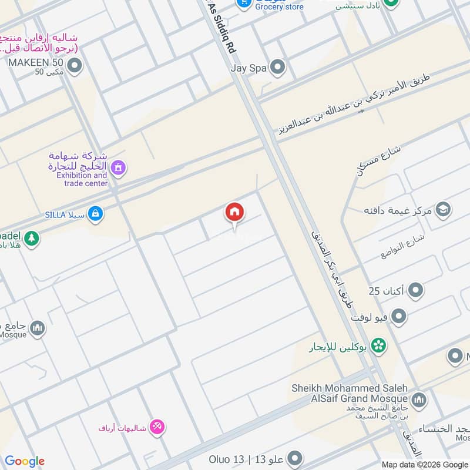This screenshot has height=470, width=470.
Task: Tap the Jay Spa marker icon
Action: pos(277,68)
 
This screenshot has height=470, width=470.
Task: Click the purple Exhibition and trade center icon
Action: pos(119,169)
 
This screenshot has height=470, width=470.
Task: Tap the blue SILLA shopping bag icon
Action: pos(95,214)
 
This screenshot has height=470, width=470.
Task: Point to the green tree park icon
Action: pos(32,238)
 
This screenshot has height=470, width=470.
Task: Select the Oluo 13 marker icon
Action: pos(296,458)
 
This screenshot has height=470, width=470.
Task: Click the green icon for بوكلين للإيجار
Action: pos(379,346)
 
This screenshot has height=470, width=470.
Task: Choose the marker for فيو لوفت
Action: pos(399,317)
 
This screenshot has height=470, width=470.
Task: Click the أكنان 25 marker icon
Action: pos(416,290)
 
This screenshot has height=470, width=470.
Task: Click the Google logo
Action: pos(25,461)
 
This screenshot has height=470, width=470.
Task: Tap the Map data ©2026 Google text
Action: pos(424,464)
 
